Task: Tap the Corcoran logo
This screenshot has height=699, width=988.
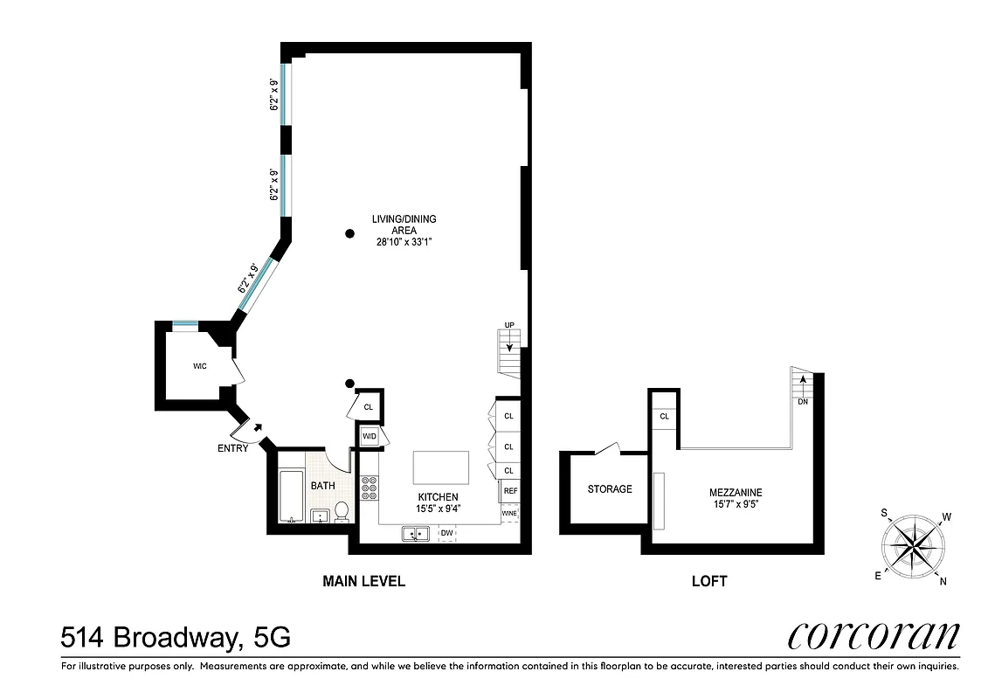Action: click(x=873, y=635)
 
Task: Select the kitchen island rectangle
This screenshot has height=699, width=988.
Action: click(x=441, y=467)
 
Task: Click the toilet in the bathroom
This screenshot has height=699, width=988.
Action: click(x=342, y=511)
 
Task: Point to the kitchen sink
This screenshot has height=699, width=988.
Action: click(x=415, y=533)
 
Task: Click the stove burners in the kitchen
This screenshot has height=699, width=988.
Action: click(x=369, y=487)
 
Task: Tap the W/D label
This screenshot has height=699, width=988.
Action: click(x=369, y=436)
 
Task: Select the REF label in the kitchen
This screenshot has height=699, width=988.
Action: click(x=510, y=492)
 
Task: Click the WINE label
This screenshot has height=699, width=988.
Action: click(x=509, y=513)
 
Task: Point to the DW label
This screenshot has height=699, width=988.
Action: click(x=446, y=532)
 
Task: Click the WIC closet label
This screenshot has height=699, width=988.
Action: click(x=199, y=366)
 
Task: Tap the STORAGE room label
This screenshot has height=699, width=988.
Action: click(x=610, y=488)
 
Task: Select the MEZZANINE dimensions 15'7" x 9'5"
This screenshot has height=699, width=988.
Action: click(x=736, y=504)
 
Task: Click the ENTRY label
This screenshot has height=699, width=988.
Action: click(x=233, y=448)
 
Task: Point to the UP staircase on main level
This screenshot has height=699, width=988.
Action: click(x=509, y=346)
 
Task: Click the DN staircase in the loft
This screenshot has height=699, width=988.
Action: click(x=801, y=387)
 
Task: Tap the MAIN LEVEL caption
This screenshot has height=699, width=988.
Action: click(x=363, y=580)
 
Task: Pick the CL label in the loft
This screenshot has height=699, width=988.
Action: click(x=664, y=417)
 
